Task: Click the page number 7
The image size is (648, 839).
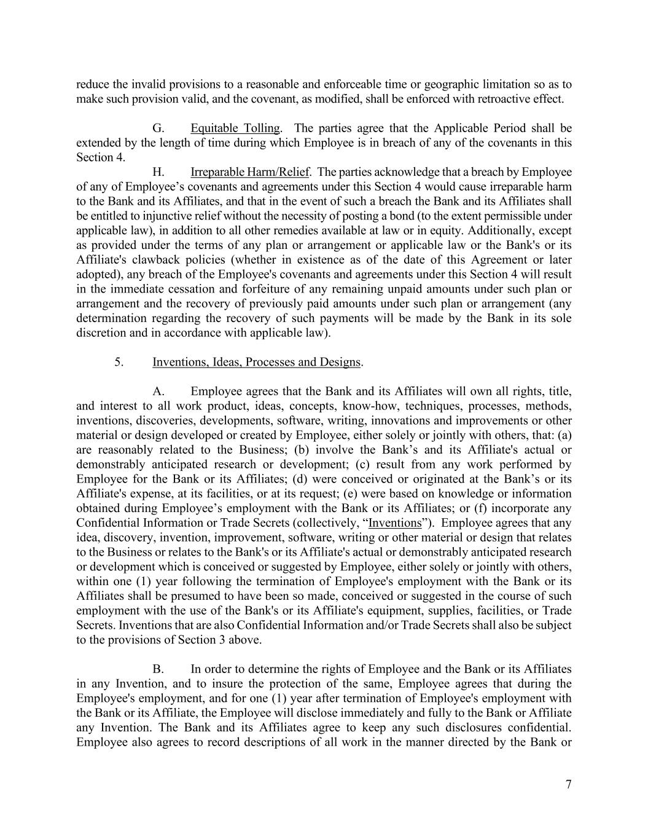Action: tap(568, 784)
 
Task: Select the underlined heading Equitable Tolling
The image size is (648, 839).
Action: tap(235, 128)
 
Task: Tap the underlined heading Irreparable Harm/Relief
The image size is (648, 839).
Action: tap(249, 172)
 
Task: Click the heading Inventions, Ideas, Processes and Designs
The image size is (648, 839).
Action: tap(256, 362)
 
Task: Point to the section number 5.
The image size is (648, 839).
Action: tap(119, 362)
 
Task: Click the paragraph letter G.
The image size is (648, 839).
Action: tap(158, 128)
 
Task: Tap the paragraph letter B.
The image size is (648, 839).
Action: tap(158, 669)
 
